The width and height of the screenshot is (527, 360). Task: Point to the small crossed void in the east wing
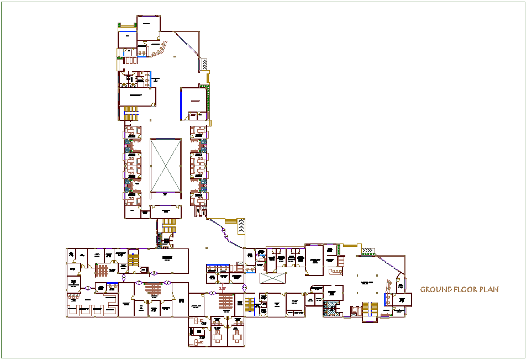click(274, 278)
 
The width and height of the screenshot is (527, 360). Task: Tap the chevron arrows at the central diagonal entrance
click(241, 226)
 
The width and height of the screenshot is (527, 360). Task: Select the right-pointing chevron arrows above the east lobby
click(367, 251)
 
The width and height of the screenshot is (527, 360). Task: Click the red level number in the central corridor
click(222, 288)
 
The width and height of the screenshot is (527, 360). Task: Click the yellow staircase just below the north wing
click(168, 225)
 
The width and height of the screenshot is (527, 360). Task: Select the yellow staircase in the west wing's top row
click(133, 258)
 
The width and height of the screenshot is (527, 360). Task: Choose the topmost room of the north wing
click(148, 27)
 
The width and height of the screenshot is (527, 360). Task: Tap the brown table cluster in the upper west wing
click(102, 271)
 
